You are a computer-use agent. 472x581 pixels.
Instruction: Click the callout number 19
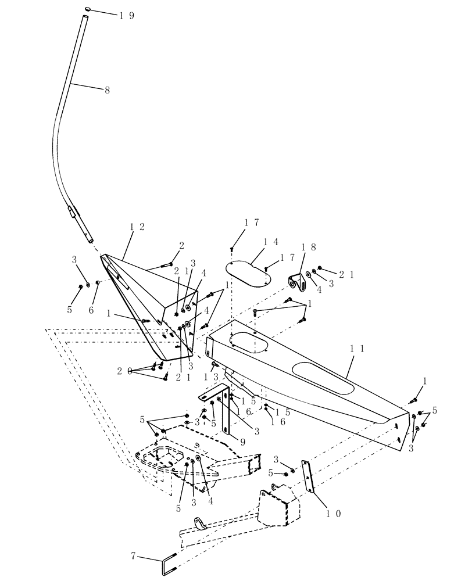tap(126, 16)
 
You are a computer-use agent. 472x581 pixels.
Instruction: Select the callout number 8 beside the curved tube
tap(106, 90)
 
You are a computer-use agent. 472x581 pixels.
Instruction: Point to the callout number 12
tap(137, 226)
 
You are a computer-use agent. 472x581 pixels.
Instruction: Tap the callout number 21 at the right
tap(348, 274)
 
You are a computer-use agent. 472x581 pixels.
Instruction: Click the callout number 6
tap(91, 310)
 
